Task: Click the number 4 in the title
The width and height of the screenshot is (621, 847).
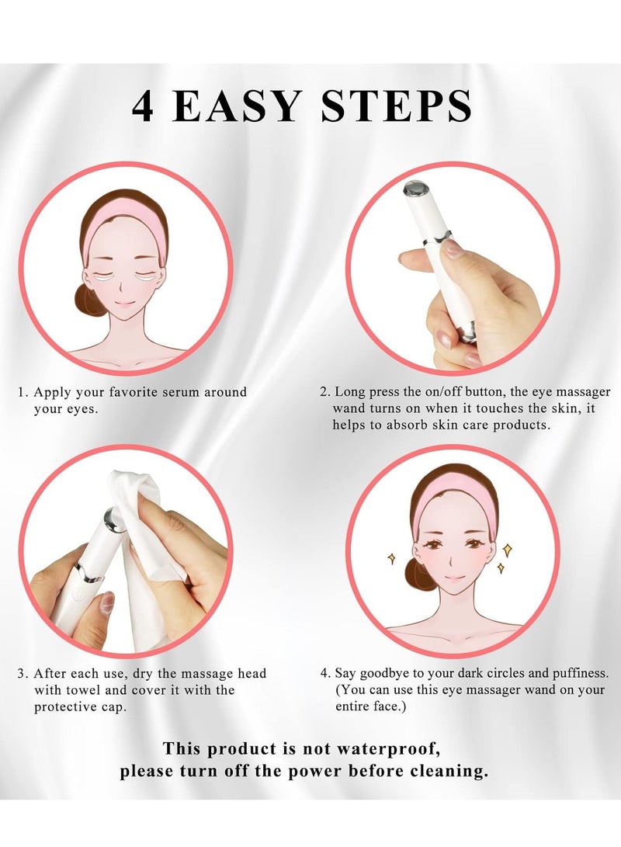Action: [x=143, y=106]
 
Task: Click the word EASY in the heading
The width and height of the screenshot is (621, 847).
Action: [x=237, y=106]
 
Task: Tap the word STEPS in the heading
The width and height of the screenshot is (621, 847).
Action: [x=397, y=106]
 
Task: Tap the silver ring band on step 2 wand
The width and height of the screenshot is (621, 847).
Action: [x=437, y=238]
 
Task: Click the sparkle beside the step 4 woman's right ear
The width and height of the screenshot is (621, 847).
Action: [x=392, y=558]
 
